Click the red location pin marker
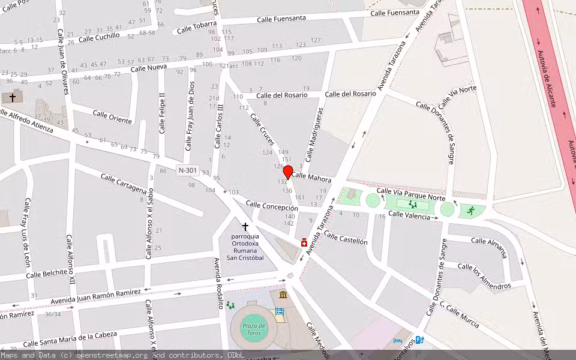click(288, 173)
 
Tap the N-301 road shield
click(188, 170)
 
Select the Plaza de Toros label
click(253, 329)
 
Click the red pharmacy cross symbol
click(304, 242)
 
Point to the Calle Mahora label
click(311, 178)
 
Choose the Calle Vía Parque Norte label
click(411, 194)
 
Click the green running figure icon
click(471, 210)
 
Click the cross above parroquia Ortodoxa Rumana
click(245, 227)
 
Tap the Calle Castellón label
click(346, 237)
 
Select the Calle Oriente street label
click(112, 116)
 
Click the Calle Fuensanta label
click(395, 13)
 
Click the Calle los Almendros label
click(484, 276)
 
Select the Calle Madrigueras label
click(314, 135)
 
